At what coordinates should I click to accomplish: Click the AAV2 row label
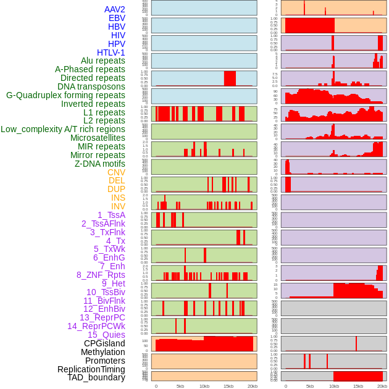tap(115, 10)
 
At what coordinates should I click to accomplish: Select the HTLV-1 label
tap(111, 52)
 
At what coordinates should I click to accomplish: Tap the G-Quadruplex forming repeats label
tap(65, 95)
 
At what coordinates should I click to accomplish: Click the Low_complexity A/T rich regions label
tap(63, 129)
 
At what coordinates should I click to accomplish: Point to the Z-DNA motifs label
tap(100, 164)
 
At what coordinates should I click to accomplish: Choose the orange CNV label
tap(116, 172)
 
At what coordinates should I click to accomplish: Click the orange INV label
tap(118, 206)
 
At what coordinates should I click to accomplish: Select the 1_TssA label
tap(111, 215)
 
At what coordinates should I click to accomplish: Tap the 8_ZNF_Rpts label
tap(101, 275)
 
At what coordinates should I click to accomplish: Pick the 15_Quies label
tap(106, 335)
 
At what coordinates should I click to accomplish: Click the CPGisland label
tap(104, 343)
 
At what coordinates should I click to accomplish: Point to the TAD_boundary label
tap(96, 377)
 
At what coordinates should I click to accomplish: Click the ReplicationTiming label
tap(91, 369)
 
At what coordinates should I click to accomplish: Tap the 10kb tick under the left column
tap(204, 386)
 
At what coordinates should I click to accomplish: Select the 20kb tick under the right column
tap(382, 386)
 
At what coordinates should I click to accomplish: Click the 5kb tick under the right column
tap(310, 386)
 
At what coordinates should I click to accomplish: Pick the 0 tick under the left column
tap(156, 386)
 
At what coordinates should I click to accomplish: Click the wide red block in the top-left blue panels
tap(230, 79)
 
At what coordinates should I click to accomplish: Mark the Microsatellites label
tap(98, 138)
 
